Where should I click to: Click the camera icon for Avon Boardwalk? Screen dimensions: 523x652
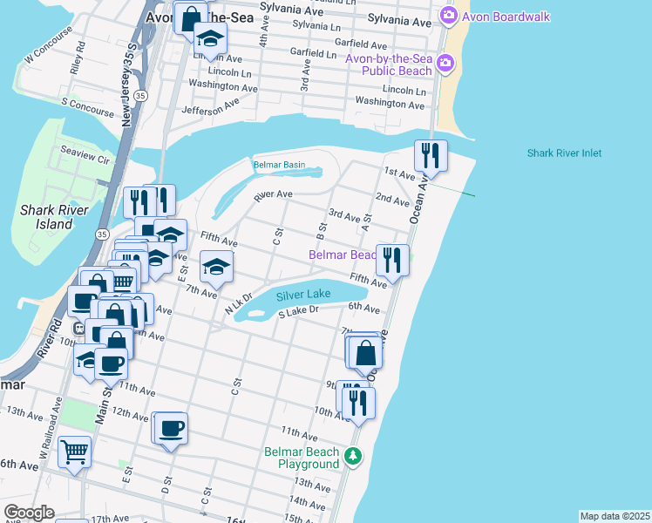point(449,15)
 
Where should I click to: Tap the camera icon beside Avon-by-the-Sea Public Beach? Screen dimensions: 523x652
point(445,63)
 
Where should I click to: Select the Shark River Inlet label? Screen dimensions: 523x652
point(564,153)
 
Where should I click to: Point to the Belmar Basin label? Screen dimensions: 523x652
point(279,165)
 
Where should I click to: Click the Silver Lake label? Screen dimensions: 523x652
point(303,296)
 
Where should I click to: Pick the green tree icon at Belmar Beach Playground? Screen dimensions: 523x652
point(353,455)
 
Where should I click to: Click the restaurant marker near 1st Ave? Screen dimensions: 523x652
point(431,156)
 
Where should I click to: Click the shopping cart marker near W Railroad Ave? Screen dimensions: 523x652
point(75,452)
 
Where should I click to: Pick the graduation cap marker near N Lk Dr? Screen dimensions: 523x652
point(216,267)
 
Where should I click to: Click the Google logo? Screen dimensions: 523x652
point(29,513)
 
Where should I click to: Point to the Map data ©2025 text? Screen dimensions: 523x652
point(615,516)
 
